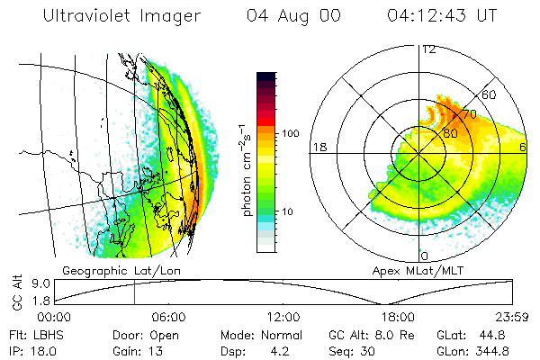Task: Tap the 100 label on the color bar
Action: pos(291,133)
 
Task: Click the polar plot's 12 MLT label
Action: pos(427,49)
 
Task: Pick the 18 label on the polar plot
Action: pos(318,147)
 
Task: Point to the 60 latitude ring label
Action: pos(490,94)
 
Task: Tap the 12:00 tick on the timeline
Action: pos(283,317)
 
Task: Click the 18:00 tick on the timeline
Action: pos(397,317)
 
